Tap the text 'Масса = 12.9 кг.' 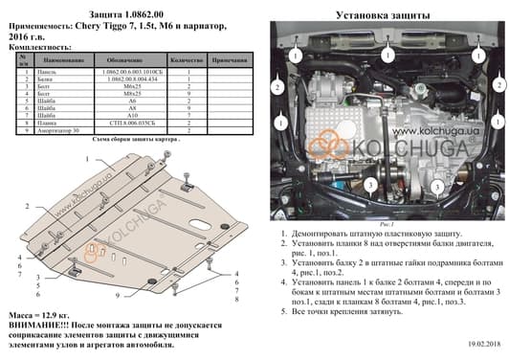(35, 314)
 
